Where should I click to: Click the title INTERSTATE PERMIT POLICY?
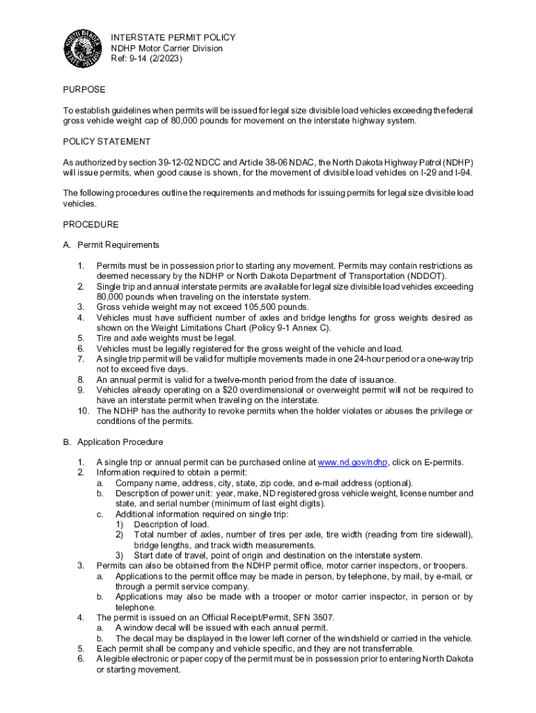[173, 38]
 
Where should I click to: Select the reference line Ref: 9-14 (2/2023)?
[147, 58]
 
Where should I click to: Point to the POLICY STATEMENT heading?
[107, 141]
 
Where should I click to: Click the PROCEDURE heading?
[90, 224]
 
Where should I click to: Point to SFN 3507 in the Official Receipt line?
[334, 617]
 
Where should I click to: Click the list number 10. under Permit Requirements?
[84, 411]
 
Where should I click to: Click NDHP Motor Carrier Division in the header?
[167, 48]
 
